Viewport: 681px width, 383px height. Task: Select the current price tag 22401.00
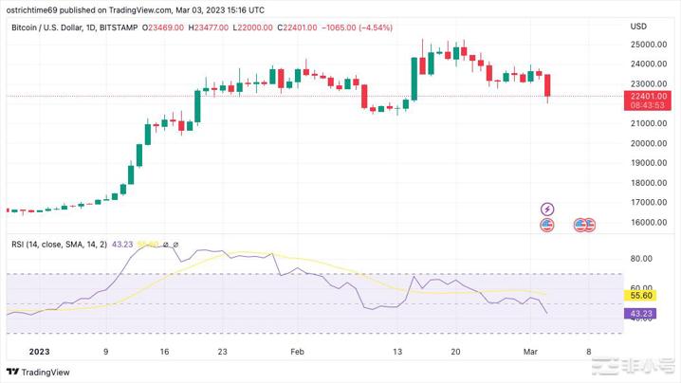click(648, 96)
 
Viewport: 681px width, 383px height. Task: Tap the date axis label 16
click(164, 350)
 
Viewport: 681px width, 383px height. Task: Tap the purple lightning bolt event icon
click(546, 209)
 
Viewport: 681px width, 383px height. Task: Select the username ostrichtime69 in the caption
click(35, 9)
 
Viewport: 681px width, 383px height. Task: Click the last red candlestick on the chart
click(547, 86)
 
